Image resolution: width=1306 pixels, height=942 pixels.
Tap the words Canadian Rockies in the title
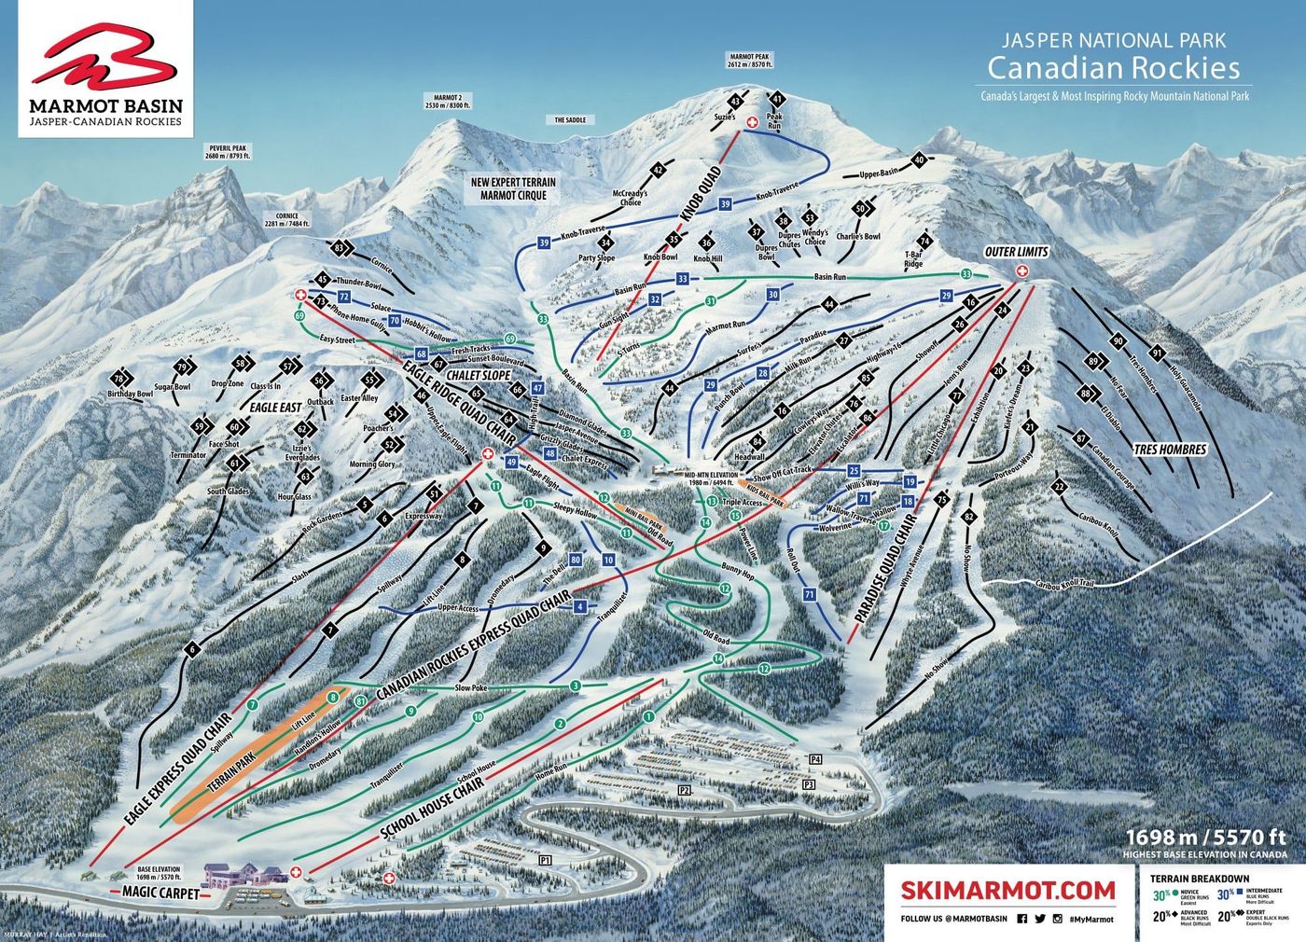(1114, 68)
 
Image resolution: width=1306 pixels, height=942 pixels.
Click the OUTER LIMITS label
(1017, 252)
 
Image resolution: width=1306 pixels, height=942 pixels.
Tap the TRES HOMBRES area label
(1170, 450)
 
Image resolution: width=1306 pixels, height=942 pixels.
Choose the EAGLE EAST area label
(275, 407)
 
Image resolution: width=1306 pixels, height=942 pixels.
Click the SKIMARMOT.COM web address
(1008, 890)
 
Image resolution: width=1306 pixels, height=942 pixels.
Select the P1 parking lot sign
(546, 859)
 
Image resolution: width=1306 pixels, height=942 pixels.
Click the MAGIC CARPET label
(160, 893)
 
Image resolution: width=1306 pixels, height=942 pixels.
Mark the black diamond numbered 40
(919, 160)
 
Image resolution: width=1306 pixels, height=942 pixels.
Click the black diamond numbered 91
(1157, 353)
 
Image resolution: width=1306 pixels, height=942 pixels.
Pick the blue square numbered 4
(581, 607)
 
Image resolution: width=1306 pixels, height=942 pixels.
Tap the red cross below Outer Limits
(1021, 270)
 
